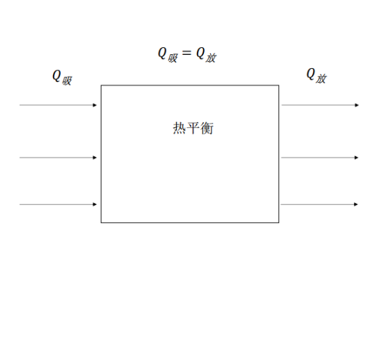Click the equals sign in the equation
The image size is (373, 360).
[x=186, y=53]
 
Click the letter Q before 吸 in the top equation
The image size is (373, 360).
[x=162, y=53]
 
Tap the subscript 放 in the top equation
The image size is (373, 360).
[x=211, y=58]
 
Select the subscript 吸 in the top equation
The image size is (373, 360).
[x=173, y=58]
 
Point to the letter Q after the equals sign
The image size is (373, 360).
[x=200, y=53]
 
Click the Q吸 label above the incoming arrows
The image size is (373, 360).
[x=62, y=77]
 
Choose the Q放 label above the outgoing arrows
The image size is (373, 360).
[x=317, y=76]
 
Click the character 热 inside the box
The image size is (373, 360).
[x=180, y=128]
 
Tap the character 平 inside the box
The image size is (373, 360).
[x=193, y=128]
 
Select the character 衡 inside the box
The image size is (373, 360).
[x=207, y=128]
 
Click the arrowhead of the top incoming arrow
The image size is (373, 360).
[x=95, y=105]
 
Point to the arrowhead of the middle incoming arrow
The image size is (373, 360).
[x=95, y=158]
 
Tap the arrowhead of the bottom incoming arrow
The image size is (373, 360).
[x=95, y=204]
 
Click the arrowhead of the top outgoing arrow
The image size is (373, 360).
[x=356, y=105]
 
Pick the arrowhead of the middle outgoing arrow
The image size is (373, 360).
[x=356, y=158]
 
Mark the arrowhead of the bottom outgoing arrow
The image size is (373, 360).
[x=356, y=204]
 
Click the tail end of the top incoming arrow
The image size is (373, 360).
[x=19, y=105]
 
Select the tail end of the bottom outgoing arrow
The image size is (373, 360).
[x=281, y=204]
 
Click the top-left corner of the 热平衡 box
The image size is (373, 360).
[x=101, y=85]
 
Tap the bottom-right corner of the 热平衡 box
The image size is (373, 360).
[x=279, y=222]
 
